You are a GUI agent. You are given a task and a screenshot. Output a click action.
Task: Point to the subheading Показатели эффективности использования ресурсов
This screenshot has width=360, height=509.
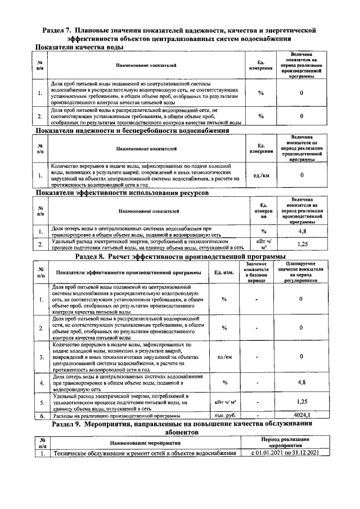tap(122, 192)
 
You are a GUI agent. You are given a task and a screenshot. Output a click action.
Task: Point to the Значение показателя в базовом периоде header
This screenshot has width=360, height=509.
tap(256, 272)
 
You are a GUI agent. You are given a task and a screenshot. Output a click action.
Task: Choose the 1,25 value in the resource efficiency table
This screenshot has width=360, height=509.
tap(301, 244)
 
